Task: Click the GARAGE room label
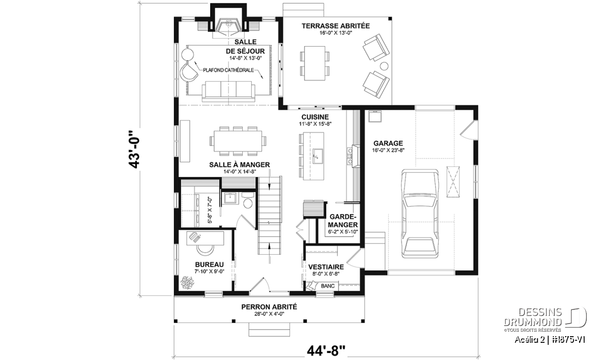click(x=388, y=143)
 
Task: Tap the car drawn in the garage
click(x=420, y=214)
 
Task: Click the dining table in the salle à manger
click(x=238, y=141)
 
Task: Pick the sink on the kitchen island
click(x=317, y=156)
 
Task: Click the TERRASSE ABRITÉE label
click(x=335, y=26)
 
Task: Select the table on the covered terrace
click(x=315, y=63)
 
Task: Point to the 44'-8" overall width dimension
click(x=326, y=351)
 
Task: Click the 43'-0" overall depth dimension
click(x=134, y=150)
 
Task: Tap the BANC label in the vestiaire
click(x=328, y=286)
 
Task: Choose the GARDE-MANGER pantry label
click(x=343, y=221)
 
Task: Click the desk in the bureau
click(x=205, y=238)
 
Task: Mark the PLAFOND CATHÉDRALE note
click(x=229, y=70)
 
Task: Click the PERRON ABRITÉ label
click(x=269, y=307)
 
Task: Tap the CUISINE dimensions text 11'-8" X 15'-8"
click(x=315, y=124)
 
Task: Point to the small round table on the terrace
click(x=384, y=66)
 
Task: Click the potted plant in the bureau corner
click(x=187, y=283)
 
